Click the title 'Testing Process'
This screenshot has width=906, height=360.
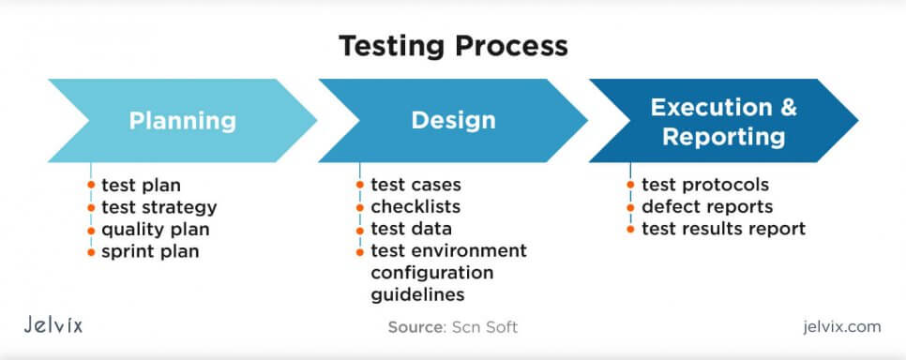453,45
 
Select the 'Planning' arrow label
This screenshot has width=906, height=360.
182,121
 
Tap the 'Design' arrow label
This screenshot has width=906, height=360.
453,121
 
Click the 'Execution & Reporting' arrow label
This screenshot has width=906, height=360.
723,121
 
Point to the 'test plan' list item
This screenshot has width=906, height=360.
141,185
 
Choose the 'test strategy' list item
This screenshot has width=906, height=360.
159,207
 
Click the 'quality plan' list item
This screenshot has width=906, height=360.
155,229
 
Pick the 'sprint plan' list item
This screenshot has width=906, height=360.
150,251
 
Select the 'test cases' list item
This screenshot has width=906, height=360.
415,185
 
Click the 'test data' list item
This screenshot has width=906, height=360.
411,229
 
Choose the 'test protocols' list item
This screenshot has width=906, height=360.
704,185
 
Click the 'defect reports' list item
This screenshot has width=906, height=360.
707,207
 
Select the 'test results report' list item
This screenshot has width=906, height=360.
723,229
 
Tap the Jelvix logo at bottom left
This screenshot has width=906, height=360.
53,326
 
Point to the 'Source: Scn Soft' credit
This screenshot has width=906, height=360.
452,327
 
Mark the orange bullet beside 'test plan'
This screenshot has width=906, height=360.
91,185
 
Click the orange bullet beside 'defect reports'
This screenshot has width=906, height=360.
630,207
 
